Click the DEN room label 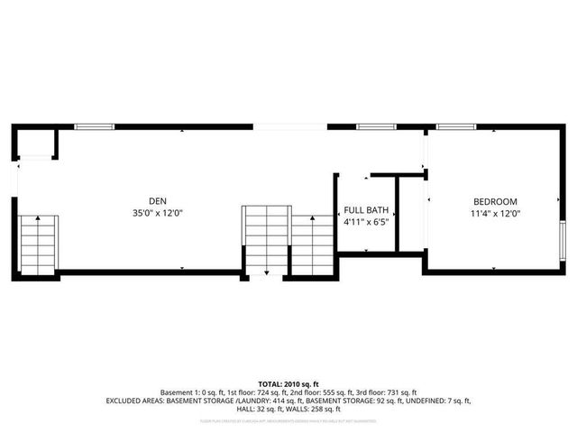pos(158,200)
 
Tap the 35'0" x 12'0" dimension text pos(158,213)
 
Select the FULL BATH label pos(365,208)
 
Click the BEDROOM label pos(495,200)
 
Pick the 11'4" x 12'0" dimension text pos(495,213)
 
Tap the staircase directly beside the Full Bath pos(312,244)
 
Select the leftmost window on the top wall pos(94,127)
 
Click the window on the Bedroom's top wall pos(456,127)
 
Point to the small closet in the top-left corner pos(37,143)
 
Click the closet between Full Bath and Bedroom pos(410,216)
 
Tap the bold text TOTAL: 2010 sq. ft pos(288,383)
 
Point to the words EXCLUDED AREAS pos(136,400)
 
